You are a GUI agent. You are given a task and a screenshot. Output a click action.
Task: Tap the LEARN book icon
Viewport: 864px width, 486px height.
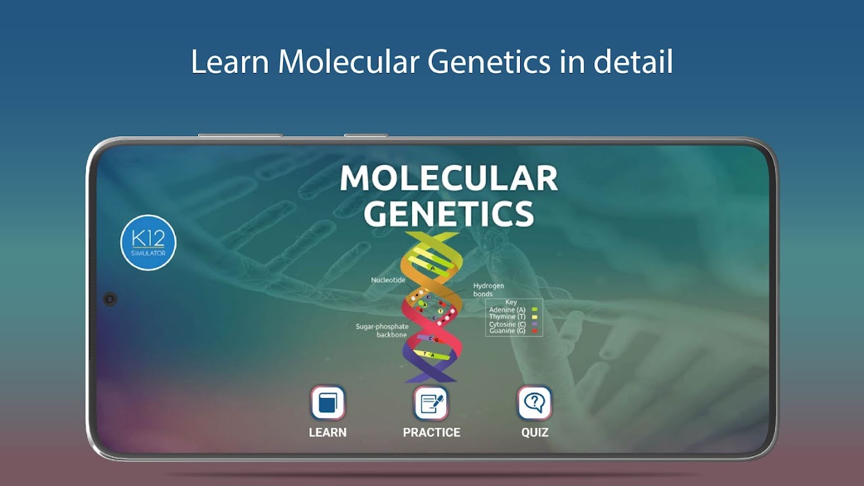tap(327, 403)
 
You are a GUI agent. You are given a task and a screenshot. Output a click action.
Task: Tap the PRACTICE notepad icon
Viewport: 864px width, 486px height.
tap(431, 403)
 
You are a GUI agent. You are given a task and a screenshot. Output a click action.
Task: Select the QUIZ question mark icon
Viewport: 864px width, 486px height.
tap(534, 403)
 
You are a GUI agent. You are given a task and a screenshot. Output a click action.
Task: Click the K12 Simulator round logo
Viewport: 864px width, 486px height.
tap(148, 242)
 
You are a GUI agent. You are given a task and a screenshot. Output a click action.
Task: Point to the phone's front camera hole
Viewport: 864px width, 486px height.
tap(110, 299)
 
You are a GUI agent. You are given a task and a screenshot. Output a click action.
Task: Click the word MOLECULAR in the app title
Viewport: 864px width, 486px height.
tap(448, 178)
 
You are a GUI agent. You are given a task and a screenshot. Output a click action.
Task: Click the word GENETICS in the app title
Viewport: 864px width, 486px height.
tap(448, 214)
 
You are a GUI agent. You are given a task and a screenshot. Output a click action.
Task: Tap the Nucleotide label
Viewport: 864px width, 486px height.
tap(388, 280)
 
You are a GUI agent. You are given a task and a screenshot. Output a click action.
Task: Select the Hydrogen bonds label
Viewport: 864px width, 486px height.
tap(489, 290)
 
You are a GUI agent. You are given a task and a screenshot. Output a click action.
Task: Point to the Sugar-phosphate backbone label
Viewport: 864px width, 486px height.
tap(382, 330)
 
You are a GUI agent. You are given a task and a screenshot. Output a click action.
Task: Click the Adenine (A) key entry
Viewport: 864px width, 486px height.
tap(513, 309)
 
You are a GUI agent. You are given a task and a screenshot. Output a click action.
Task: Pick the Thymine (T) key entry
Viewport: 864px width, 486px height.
tap(513, 317)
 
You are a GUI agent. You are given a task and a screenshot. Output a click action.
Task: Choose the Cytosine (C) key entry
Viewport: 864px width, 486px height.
tap(513, 324)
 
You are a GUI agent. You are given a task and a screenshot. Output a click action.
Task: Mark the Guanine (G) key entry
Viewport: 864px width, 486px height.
tap(513, 330)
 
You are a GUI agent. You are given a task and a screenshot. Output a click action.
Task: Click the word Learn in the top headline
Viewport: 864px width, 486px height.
tap(230, 62)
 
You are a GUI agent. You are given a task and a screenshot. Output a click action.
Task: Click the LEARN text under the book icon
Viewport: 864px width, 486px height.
tap(327, 433)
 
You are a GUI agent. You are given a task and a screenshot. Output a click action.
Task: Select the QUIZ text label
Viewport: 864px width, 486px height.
tap(535, 433)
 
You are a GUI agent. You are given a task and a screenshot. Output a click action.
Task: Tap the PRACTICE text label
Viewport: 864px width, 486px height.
tap(431, 433)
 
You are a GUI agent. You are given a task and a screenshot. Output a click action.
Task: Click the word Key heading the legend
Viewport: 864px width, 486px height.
tap(511, 302)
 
